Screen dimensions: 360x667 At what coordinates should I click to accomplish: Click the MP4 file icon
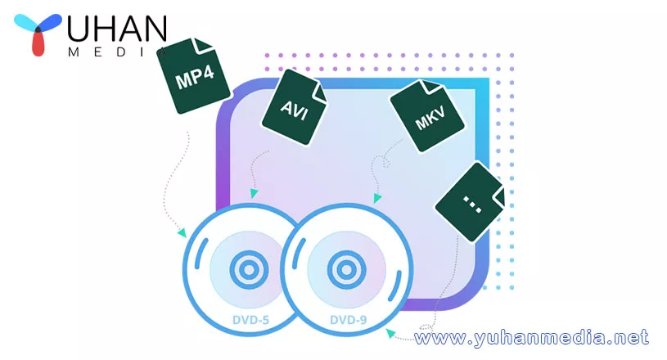(196, 78)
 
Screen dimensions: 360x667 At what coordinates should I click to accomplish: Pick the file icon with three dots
(472, 200)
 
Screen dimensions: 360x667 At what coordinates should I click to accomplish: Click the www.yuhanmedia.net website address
(532, 336)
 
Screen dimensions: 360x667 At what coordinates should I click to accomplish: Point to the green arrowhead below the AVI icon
(255, 194)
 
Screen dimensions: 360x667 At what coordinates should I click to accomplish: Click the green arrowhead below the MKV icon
(376, 197)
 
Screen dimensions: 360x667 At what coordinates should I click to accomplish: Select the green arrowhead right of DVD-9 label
(390, 332)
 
